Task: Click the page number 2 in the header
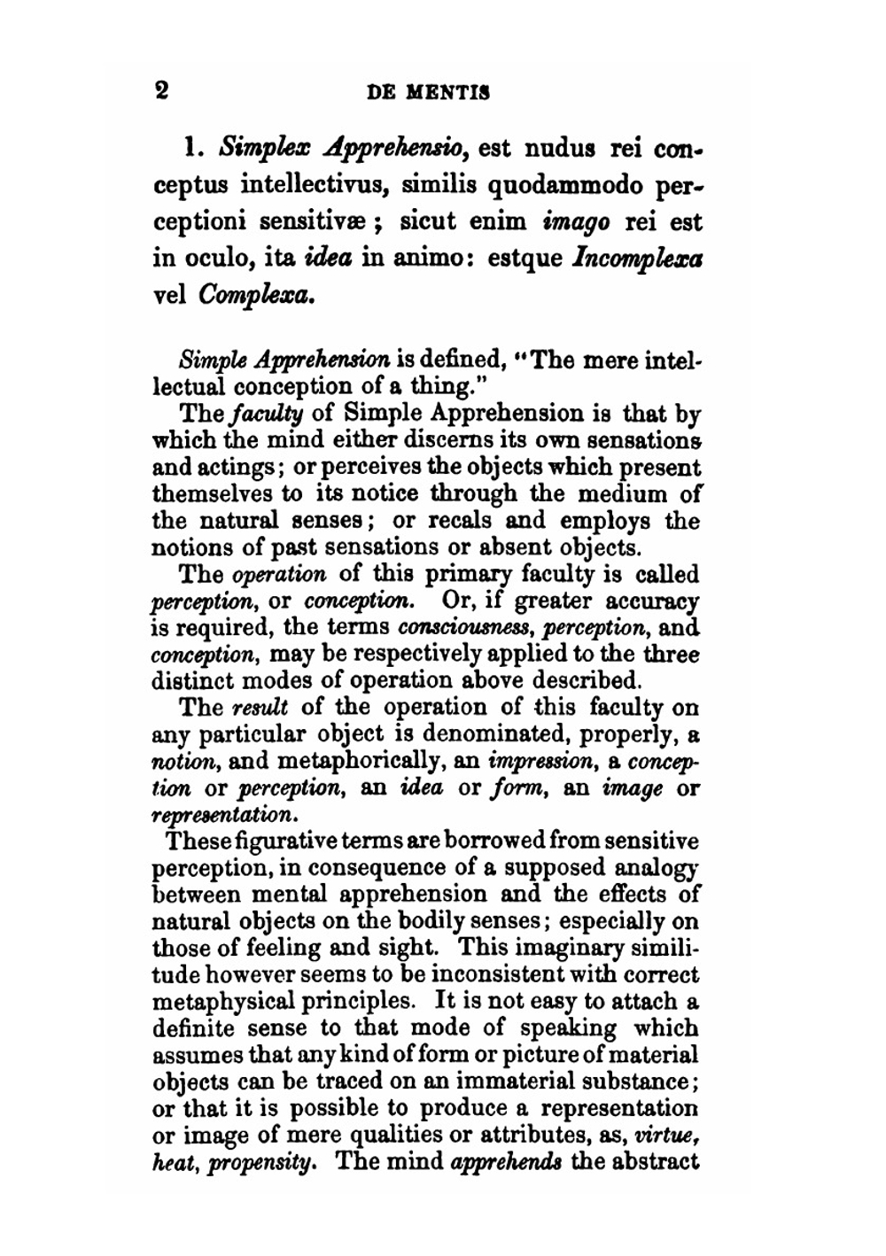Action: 160,90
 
